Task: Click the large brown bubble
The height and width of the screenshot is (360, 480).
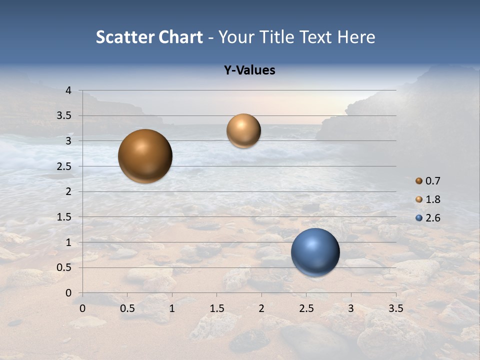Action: (145, 156)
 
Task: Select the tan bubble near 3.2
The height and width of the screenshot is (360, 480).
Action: (243, 131)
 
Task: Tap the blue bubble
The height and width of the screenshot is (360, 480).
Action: (315, 252)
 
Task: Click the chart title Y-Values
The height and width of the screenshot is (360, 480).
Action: (249, 70)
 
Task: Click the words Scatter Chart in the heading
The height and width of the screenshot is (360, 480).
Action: (149, 37)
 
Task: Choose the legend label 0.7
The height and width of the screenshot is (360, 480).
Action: (433, 181)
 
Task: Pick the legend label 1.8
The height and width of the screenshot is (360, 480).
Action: (433, 199)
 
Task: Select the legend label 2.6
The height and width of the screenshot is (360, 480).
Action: (433, 218)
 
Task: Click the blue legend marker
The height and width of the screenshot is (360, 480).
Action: (419, 218)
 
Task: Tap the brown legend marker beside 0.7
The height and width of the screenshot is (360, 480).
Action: (419, 180)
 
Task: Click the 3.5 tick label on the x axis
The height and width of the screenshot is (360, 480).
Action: (396, 308)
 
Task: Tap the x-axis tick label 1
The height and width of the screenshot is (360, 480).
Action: (172, 308)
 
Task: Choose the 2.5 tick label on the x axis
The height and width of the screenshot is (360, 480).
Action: (306, 308)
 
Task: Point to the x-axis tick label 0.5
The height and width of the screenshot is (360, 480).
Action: (127, 308)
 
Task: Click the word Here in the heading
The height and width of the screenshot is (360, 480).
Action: (356, 37)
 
